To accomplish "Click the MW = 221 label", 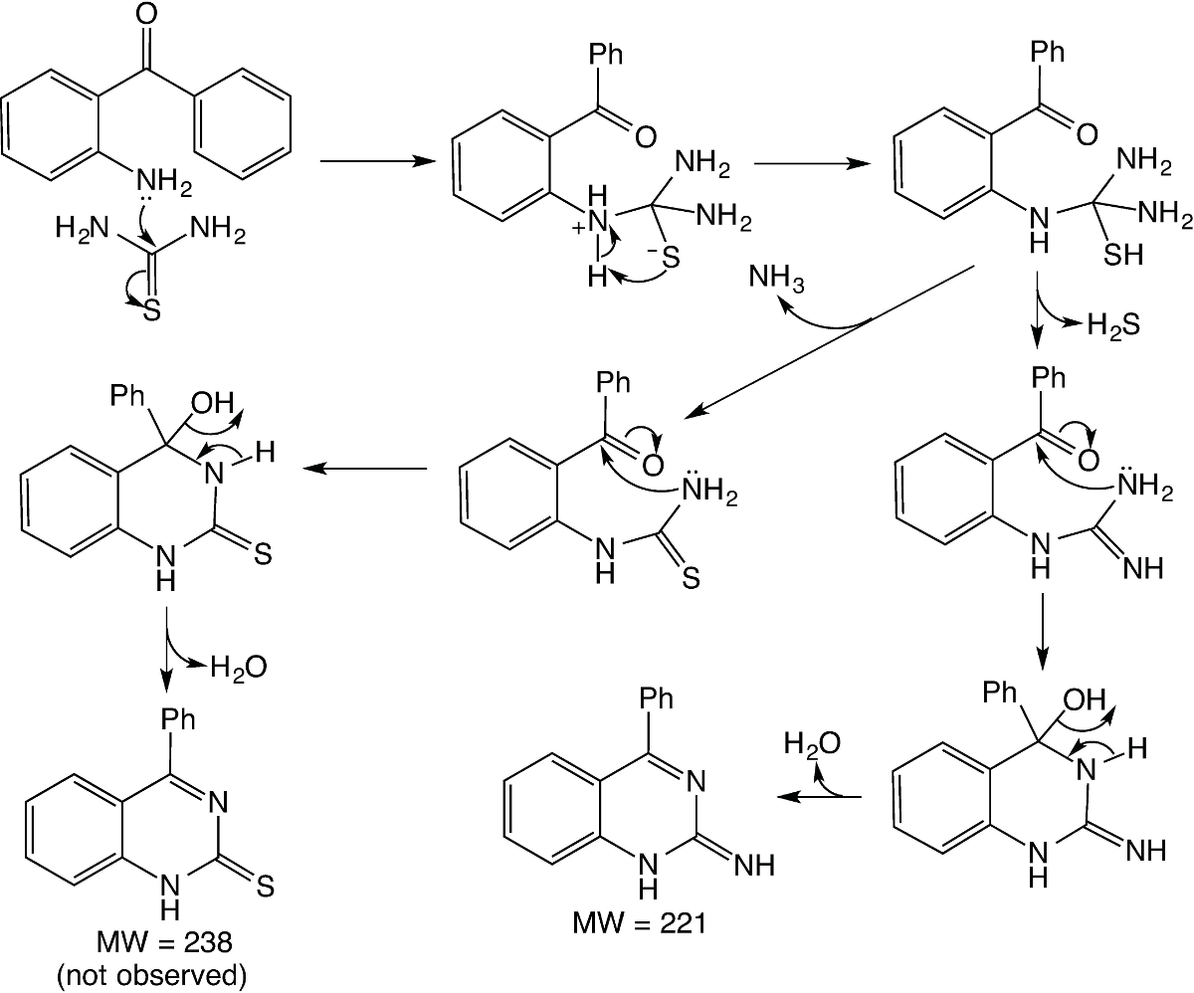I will pos(639,922).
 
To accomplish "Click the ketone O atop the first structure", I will pos(148,15).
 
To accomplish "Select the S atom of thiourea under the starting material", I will pos(152,312).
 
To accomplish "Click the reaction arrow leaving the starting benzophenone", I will pos(368,160).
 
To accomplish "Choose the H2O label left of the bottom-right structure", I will pos(811,744).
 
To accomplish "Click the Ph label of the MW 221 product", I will pos(654,697).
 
